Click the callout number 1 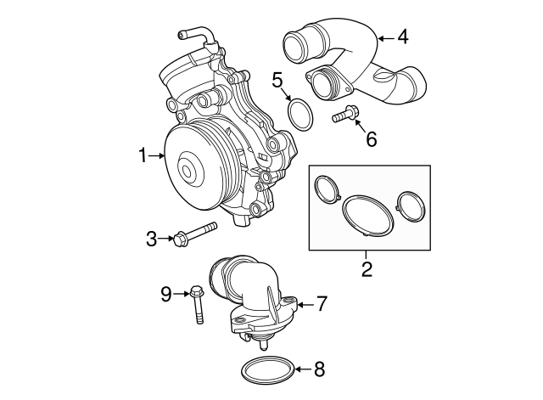(143, 155)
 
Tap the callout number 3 (152, 239)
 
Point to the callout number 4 (402, 37)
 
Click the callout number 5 (277, 81)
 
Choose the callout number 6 (371, 138)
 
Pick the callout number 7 (322, 303)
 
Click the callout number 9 (167, 294)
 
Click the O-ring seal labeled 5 (299, 114)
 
